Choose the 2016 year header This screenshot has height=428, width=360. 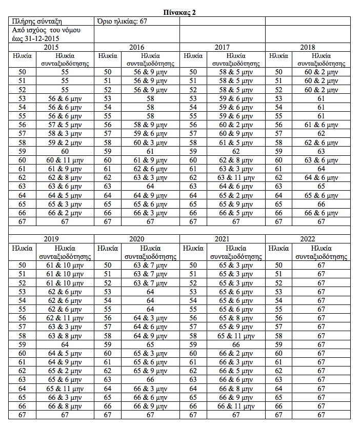coord(136,47)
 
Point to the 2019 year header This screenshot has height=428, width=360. coord(51,239)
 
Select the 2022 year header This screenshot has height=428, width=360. coord(308,239)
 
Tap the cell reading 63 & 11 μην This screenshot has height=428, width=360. coord(236,177)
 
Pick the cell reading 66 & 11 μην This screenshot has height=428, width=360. coord(236,405)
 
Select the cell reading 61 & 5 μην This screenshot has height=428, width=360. coord(236,143)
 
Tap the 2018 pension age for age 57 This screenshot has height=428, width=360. coord(322,134)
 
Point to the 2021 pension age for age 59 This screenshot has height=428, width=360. coord(236,344)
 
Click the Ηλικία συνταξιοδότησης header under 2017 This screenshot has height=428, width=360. coord(236,59)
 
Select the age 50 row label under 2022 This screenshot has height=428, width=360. coord(278,265)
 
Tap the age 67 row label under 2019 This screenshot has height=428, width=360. coord(22,414)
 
